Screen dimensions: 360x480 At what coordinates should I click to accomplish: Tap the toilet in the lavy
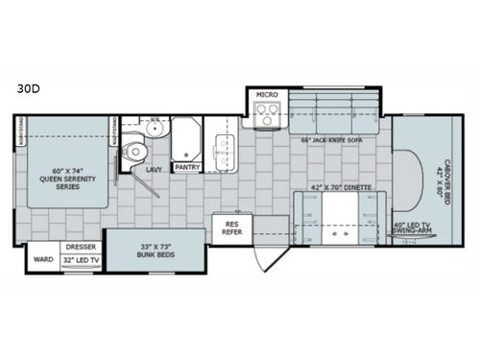(134, 152)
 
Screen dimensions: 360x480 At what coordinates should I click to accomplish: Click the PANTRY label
(186, 166)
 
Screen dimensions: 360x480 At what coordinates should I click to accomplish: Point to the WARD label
(41, 258)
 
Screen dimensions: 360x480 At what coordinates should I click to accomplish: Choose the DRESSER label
(80, 246)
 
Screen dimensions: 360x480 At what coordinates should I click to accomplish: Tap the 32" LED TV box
(80, 259)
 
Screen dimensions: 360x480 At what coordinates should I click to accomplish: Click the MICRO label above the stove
(266, 96)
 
